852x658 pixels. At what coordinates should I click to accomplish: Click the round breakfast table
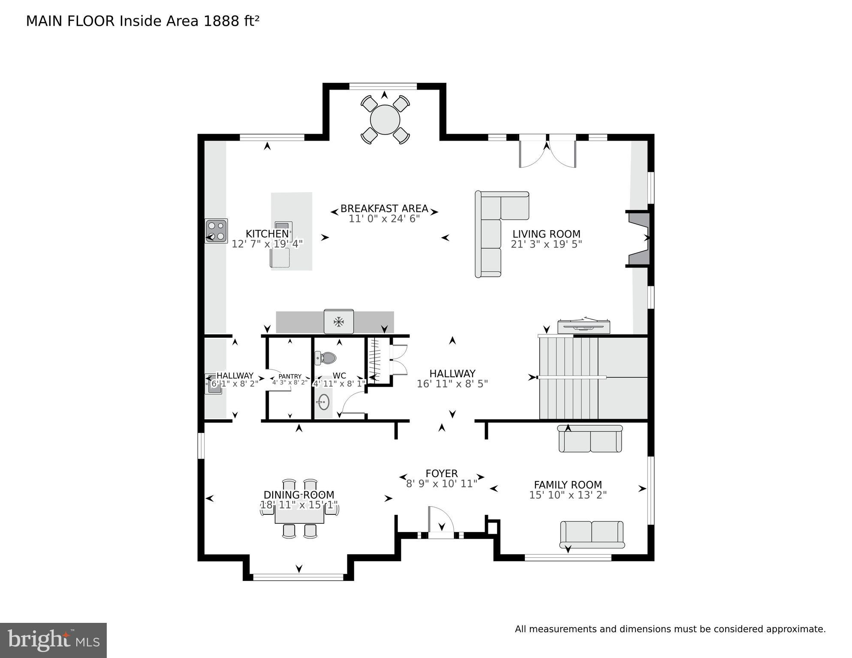point(385,120)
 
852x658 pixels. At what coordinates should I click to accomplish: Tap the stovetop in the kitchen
point(216,231)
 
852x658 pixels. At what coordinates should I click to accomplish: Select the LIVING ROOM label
point(546,234)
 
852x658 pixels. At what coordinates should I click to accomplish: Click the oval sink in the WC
point(324,402)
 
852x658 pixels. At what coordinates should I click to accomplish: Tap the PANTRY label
point(290,376)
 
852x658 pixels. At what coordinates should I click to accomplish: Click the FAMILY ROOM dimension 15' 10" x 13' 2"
point(568,495)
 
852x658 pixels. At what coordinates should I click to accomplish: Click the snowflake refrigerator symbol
point(339,321)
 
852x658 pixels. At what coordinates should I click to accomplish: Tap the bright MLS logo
point(53,640)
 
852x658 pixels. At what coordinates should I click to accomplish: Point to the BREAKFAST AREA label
point(384,209)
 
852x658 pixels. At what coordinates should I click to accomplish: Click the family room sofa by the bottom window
point(592,535)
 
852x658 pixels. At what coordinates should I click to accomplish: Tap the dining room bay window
point(298,577)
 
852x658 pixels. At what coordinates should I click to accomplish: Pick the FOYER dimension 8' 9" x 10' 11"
point(441,484)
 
